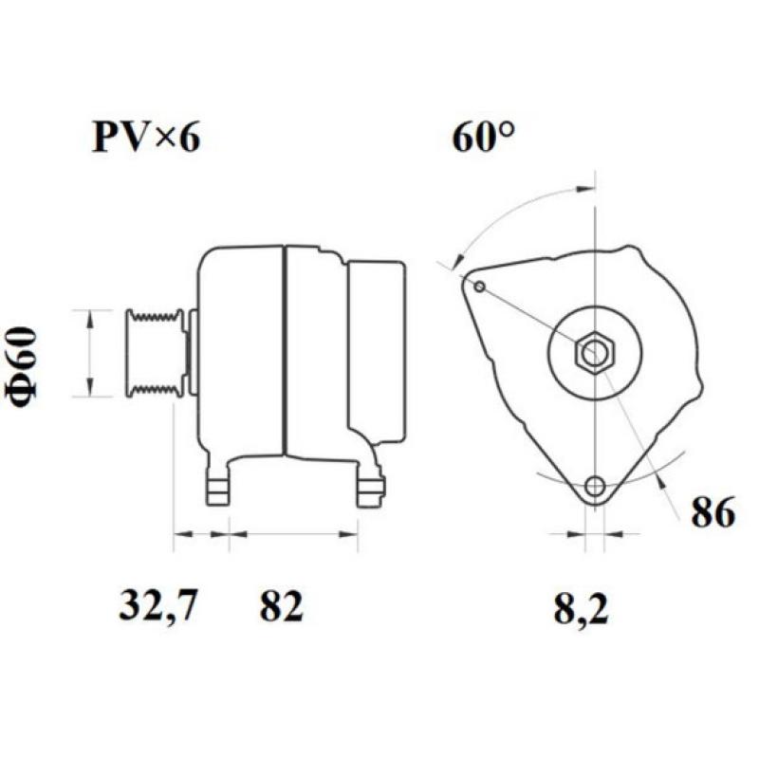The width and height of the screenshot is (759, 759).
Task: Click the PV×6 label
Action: coord(145,139)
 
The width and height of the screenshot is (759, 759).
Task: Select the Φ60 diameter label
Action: coord(25,365)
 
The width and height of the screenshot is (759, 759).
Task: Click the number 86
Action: coord(713,513)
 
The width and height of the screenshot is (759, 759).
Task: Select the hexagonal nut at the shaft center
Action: coord(595,354)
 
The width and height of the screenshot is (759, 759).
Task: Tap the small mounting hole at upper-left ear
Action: coord(480,287)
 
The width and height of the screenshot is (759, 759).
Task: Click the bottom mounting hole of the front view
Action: coord(595,488)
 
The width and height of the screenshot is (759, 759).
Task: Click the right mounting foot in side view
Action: coord(370,488)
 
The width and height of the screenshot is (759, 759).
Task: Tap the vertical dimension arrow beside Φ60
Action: coord(90,352)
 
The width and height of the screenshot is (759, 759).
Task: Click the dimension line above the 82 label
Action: coord(294,534)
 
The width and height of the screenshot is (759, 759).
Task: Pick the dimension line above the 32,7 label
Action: coord(201,534)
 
